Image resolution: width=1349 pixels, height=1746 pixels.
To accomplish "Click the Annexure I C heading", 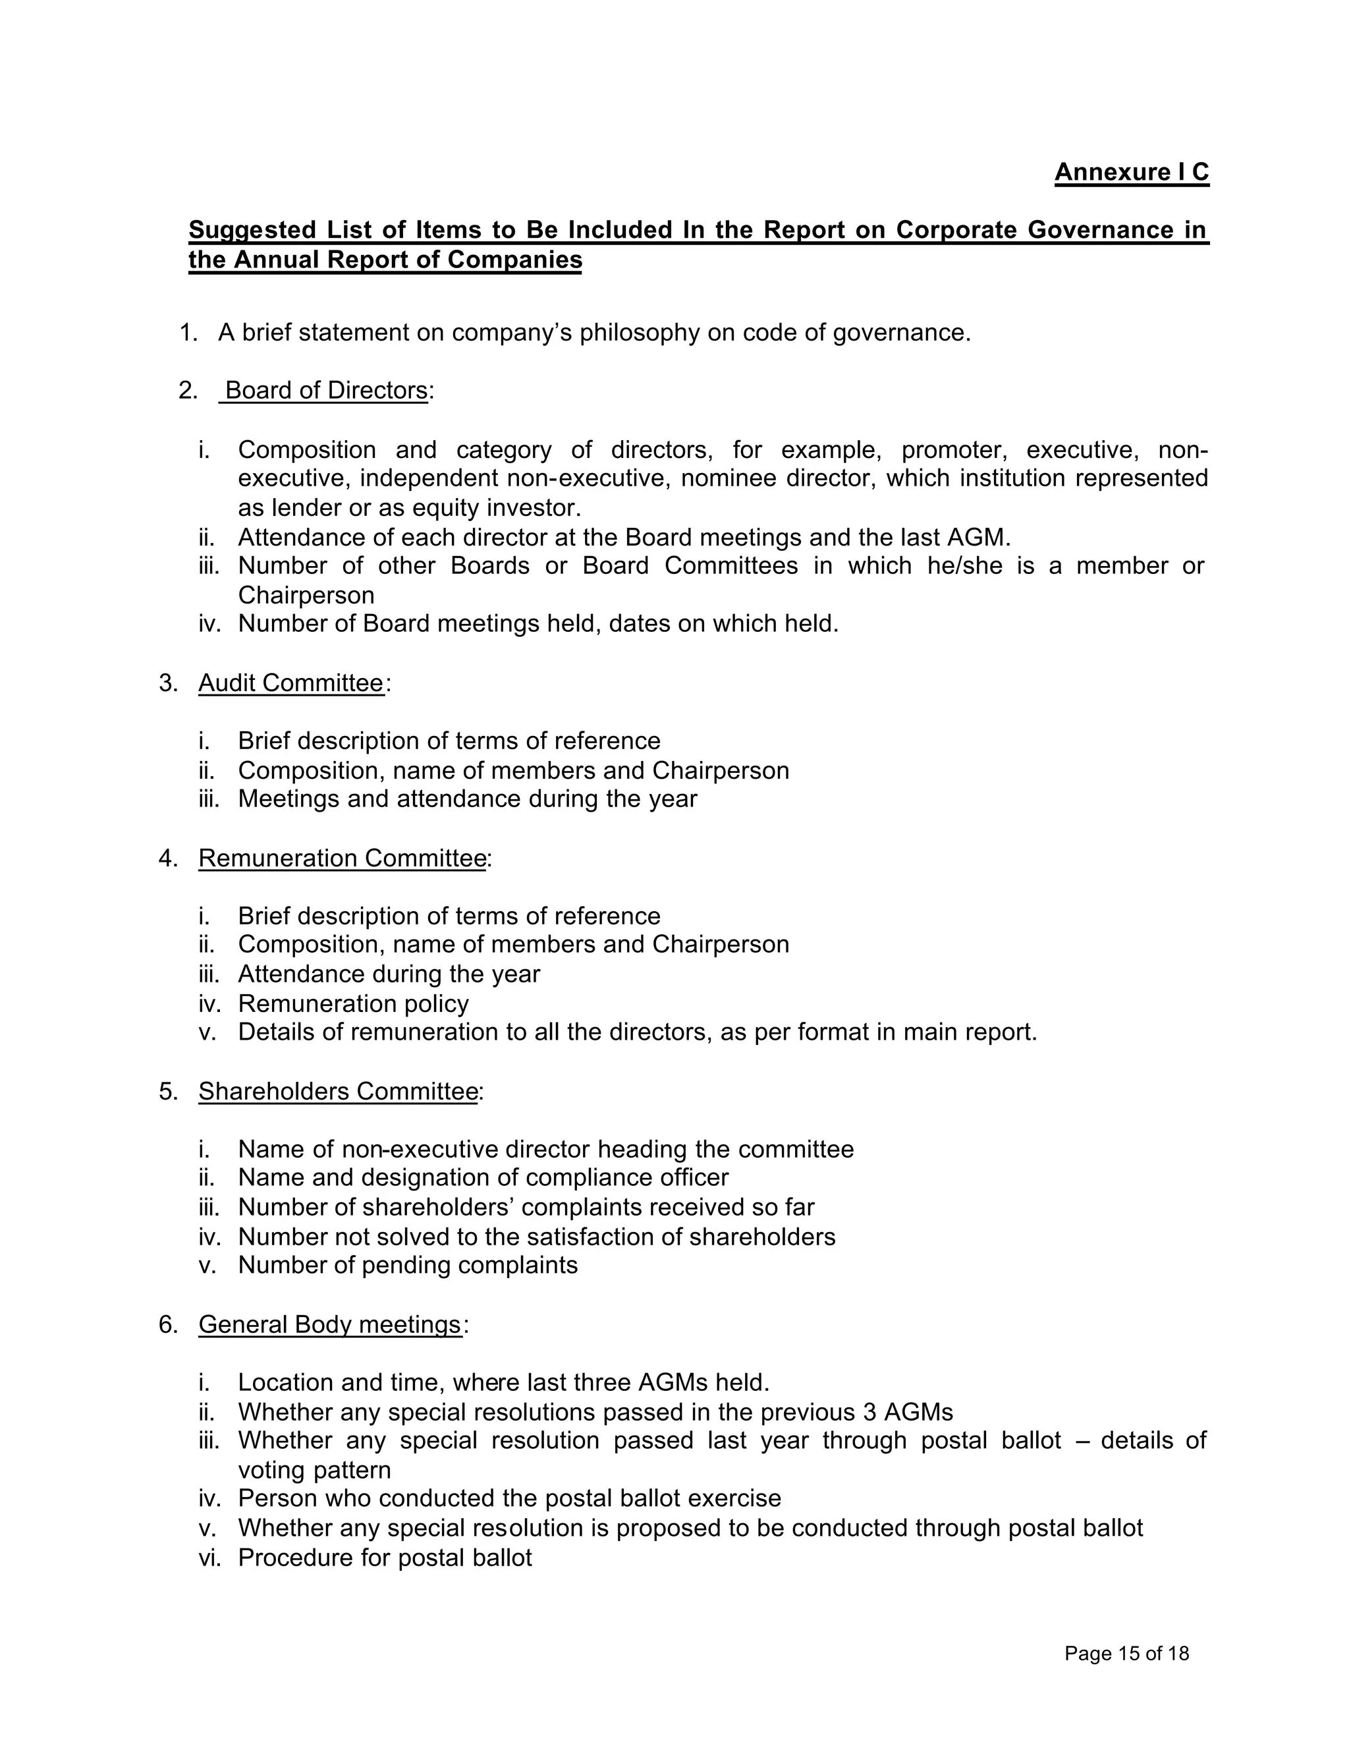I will point(1131,173).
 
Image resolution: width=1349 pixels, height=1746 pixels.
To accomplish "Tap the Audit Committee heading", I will point(291,683).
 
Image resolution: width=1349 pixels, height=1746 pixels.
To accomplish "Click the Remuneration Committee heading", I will point(342,858).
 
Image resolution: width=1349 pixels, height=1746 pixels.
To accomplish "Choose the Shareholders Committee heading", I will point(338,1091).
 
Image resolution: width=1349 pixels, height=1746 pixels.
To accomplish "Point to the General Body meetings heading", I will point(330,1325).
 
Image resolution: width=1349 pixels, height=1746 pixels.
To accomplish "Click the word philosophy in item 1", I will point(640,333).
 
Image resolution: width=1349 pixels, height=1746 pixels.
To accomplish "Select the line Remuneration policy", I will point(353,1003).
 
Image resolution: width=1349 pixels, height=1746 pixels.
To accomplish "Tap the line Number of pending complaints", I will point(408,1266).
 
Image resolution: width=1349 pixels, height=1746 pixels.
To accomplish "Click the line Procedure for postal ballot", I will point(385,1558).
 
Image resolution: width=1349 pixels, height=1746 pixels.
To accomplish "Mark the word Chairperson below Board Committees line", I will point(306,596).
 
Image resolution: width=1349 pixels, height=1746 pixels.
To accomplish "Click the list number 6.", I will point(167,1325).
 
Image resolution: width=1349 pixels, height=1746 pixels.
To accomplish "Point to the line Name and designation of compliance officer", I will point(483,1177).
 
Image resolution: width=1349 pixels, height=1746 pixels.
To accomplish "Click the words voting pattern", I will point(314,1470).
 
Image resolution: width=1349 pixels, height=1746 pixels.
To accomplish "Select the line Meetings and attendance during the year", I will point(468,799).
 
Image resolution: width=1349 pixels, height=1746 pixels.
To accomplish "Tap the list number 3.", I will point(167,683).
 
